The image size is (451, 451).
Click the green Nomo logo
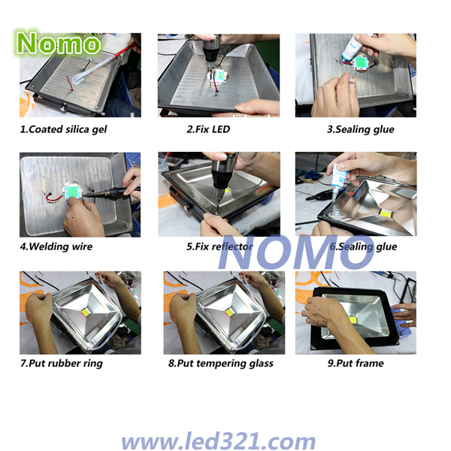tap(58, 43)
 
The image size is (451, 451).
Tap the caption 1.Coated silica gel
tap(63, 129)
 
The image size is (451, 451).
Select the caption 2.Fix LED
tap(208, 129)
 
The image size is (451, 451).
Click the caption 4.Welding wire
tap(56, 247)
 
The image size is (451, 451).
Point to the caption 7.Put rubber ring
tap(62, 364)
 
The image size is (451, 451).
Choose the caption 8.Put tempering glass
tap(220, 364)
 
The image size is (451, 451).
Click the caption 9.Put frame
tap(356, 363)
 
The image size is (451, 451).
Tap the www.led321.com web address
tap(219, 440)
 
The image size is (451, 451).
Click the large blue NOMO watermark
tap(296, 253)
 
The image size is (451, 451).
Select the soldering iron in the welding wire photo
tap(110, 192)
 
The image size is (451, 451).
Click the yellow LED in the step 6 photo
tap(385, 213)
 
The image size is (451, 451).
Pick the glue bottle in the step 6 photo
tap(338, 178)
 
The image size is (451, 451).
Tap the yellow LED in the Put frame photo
tap(353, 319)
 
